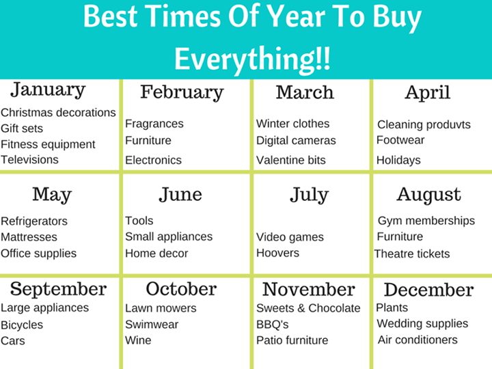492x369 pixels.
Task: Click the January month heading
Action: tap(48, 90)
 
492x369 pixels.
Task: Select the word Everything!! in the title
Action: tap(252, 59)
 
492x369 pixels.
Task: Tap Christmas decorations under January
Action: tap(58, 112)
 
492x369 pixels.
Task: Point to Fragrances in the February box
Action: tap(154, 124)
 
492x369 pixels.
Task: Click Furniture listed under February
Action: tap(148, 140)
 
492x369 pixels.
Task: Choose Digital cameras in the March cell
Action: tap(296, 141)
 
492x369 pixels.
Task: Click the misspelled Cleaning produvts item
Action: tap(424, 125)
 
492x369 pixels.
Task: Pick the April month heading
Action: tap(428, 93)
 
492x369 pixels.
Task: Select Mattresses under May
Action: tap(29, 237)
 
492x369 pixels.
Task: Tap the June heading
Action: tap(180, 195)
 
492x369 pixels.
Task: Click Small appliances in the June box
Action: tap(169, 237)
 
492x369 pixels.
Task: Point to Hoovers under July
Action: tap(277, 253)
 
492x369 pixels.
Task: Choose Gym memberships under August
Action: tap(426, 221)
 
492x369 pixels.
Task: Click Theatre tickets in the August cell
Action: tap(412, 254)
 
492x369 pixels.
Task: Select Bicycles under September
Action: tap(22, 325)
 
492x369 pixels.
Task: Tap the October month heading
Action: tap(181, 288)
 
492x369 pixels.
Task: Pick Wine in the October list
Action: tap(138, 340)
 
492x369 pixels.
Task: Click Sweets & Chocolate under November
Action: tap(308, 308)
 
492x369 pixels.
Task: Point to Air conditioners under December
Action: tap(418, 340)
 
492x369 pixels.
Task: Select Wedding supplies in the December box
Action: tap(422, 323)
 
